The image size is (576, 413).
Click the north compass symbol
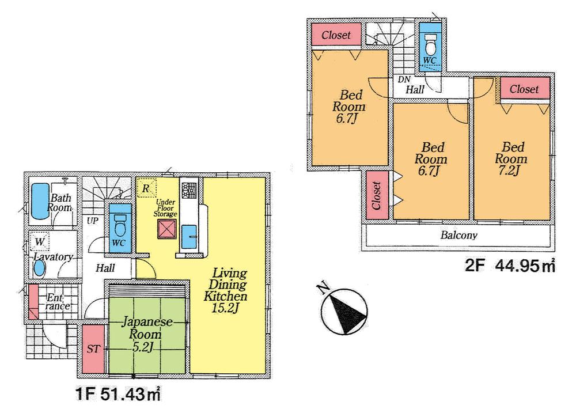(344, 311)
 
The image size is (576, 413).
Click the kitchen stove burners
(188, 188)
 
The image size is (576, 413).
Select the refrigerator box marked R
(146, 188)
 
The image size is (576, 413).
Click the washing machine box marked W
(40, 241)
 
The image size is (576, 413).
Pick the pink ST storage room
(92, 349)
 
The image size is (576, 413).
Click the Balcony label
(459, 235)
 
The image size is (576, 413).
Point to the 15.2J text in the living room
(225, 309)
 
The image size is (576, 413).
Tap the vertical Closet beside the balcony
(377, 196)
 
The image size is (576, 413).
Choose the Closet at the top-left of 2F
(336, 35)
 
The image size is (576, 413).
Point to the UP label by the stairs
(92, 221)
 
